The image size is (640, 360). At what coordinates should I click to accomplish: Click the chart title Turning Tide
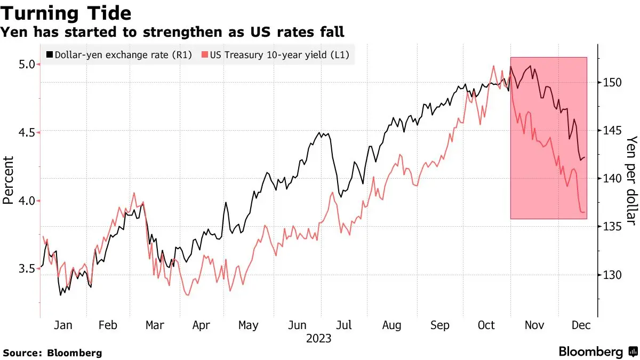67,13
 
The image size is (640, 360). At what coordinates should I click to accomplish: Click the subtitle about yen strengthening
172,33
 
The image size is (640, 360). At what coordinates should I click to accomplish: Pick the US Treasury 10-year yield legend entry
279,54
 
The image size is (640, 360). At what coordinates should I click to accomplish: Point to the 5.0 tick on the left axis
27,64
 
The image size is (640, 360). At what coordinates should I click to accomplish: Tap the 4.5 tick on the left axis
27,132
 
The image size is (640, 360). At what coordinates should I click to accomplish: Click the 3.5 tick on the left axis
27,269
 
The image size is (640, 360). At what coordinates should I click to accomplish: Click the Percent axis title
8,180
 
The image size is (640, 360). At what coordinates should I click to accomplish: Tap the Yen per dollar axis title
631,180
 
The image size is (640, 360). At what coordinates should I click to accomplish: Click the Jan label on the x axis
63,325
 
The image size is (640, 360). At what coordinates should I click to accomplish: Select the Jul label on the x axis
345,325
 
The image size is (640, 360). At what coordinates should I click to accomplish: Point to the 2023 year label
318,339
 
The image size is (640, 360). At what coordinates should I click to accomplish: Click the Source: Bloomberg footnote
52,353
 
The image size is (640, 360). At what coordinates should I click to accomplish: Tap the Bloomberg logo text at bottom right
590,352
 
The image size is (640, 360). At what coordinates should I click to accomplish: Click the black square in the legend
50,54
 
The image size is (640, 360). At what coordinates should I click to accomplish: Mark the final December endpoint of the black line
585,157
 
